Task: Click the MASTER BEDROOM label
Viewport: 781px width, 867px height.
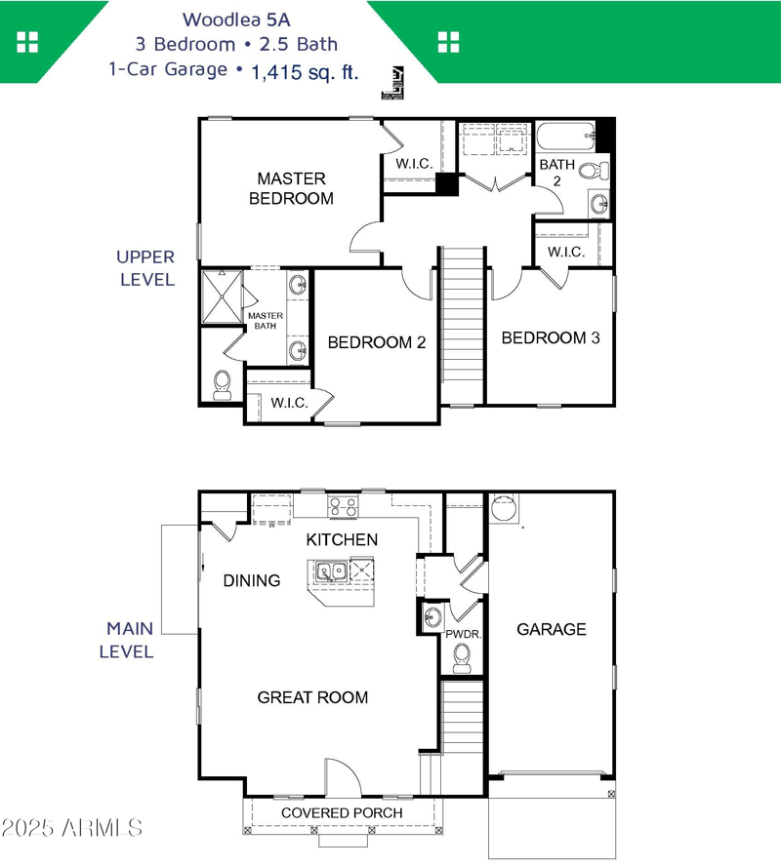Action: pyautogui.click(x=291, y=188)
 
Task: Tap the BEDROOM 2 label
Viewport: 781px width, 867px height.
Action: pyautogui.click(x=376, y=342)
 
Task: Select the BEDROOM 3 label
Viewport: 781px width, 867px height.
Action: pyautogui.click(x=550, y=337)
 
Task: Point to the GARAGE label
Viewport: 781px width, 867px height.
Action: pyautogui.click(x=552, y=629)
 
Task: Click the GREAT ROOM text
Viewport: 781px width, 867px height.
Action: pyautogui.click(x=312, y=696)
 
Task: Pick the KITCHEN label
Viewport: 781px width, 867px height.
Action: pyautogui.click(x=342, y=539)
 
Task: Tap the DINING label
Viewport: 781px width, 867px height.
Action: pyautogui.click(x=252, y=580)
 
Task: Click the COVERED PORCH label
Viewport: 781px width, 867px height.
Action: pyautogui.click(x=342, y=812)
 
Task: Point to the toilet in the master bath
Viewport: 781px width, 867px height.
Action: pyautogui.click(x=222, y=384)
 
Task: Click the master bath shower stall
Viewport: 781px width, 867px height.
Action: pyautogui.click(x=220, y=296)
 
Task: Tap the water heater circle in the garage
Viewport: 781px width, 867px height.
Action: pyautogui.click(x=503, y=508)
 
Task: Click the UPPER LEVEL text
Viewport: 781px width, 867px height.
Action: pyautogui.click(x=145, y=268)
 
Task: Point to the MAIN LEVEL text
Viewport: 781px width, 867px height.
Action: pyautogui.click(x=130, y=641)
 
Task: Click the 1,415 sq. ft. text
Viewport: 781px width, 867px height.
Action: pyautogui.click(x=305, y=71)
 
